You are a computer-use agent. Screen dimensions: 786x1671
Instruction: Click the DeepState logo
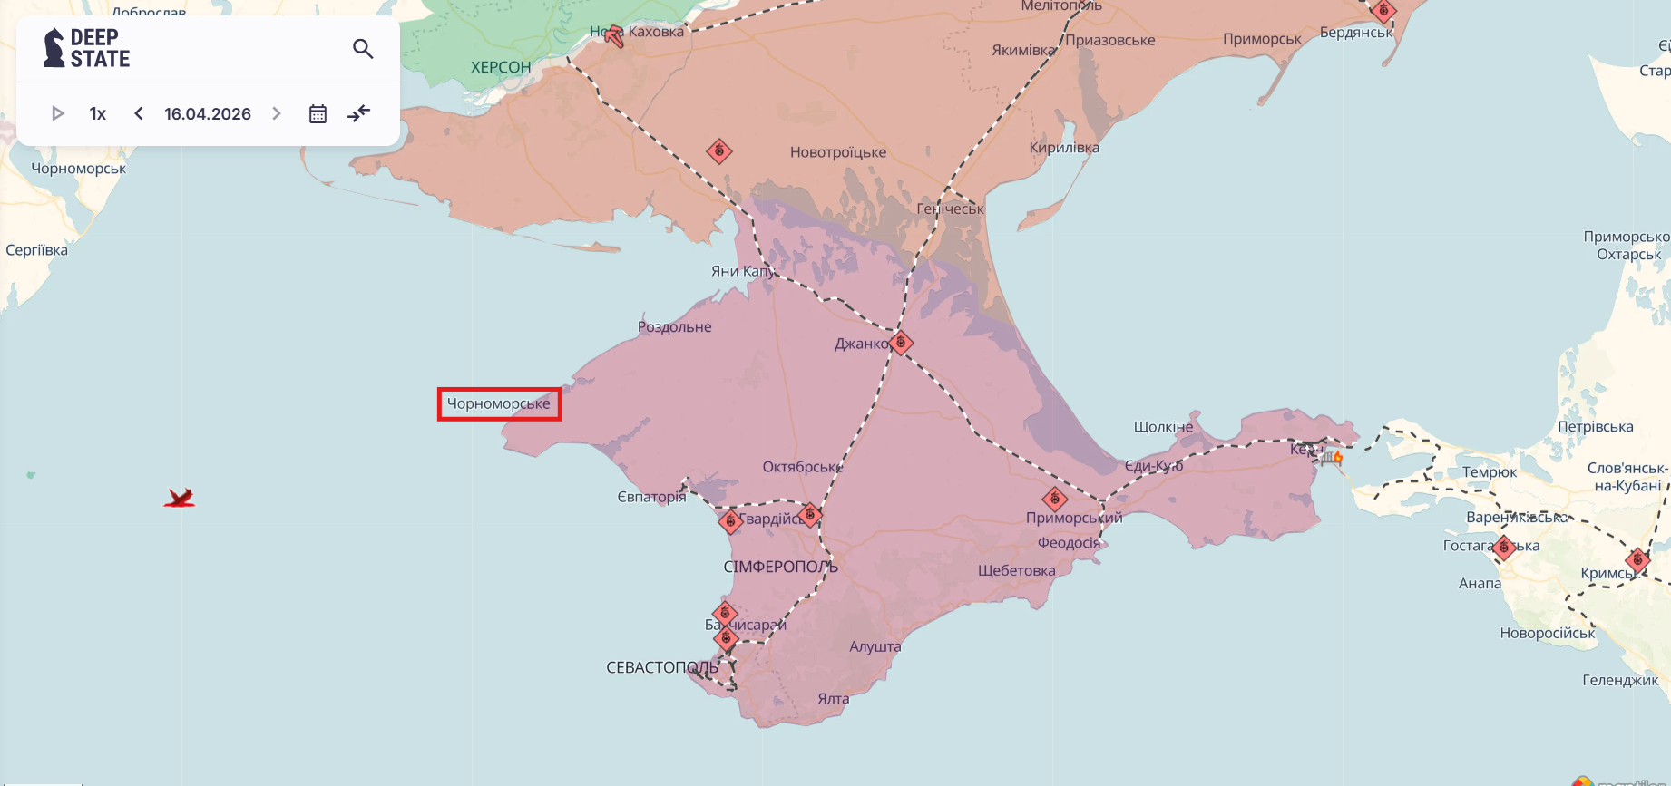87,48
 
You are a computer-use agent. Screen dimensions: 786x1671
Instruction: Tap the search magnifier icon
363,49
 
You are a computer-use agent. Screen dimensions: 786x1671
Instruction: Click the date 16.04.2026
208,114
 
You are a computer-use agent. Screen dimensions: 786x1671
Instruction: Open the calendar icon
318,114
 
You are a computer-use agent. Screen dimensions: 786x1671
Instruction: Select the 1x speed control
98,114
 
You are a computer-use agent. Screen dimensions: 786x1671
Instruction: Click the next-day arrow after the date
277,114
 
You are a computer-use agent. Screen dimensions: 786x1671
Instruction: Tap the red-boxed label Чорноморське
499,404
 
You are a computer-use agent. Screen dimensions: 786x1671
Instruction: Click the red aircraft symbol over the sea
180,498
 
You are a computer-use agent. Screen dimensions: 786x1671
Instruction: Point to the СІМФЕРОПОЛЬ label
780,568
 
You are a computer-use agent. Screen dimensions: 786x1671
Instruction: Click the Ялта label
833,699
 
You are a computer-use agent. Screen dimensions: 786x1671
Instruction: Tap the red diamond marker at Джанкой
901,343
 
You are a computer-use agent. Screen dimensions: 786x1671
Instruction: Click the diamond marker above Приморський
1054,499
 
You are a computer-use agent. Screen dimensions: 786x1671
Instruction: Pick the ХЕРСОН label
501,68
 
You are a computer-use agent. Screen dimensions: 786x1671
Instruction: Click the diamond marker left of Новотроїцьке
719,151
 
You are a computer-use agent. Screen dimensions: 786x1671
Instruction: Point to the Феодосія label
1069,543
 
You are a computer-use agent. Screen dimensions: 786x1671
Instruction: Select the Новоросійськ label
1547,634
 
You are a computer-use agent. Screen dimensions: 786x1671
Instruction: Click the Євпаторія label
651,497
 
